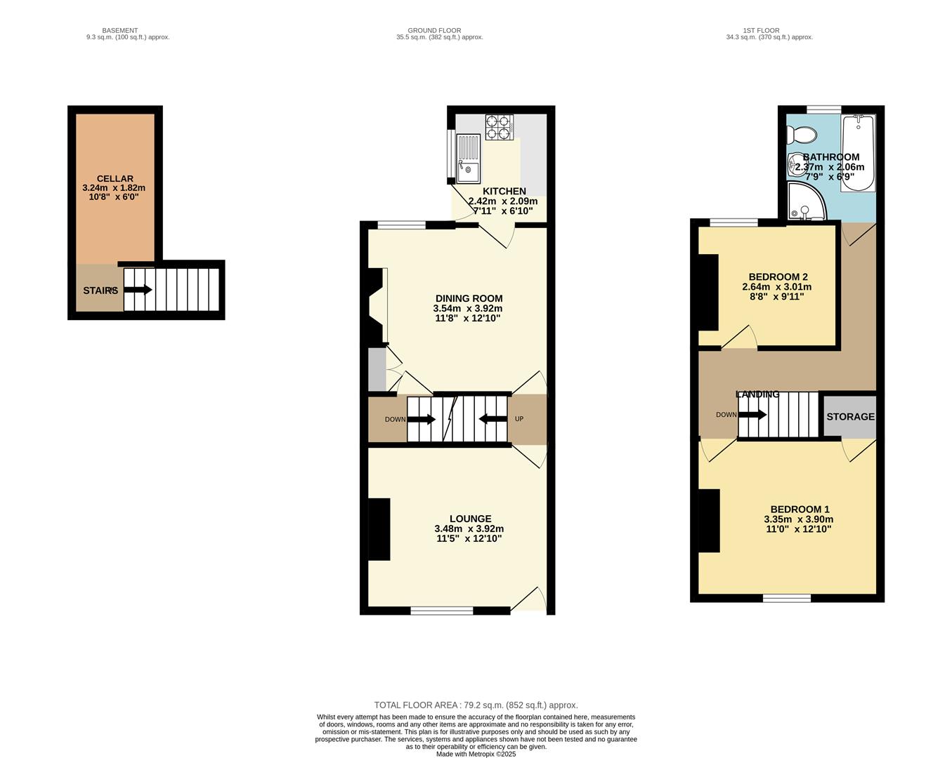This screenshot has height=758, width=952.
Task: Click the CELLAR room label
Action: [115, 179]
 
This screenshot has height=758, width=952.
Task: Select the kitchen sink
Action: [468, 158]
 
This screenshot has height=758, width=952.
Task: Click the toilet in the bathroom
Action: [801, 133]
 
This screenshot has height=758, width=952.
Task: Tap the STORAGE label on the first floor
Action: [850, 416]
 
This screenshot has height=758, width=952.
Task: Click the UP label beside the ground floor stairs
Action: [519, 419]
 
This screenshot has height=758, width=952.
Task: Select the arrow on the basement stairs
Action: [138, 289]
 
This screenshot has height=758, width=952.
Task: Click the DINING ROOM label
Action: [469, 298]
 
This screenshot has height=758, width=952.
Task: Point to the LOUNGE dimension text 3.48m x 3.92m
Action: [469, 529]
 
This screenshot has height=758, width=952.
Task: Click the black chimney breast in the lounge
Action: [379, 529]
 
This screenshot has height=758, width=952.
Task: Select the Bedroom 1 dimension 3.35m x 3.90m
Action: [799, 519]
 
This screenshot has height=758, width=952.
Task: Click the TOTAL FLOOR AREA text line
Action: [476, 705]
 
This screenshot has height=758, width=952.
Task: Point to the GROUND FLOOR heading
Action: [434, 31]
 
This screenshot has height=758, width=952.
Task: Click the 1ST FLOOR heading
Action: [761, 31]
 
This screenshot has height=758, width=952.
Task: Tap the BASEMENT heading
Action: [120, 31]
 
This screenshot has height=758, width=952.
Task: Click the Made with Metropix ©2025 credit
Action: [476, 754]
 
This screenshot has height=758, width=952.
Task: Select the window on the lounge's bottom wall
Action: [441, 611]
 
